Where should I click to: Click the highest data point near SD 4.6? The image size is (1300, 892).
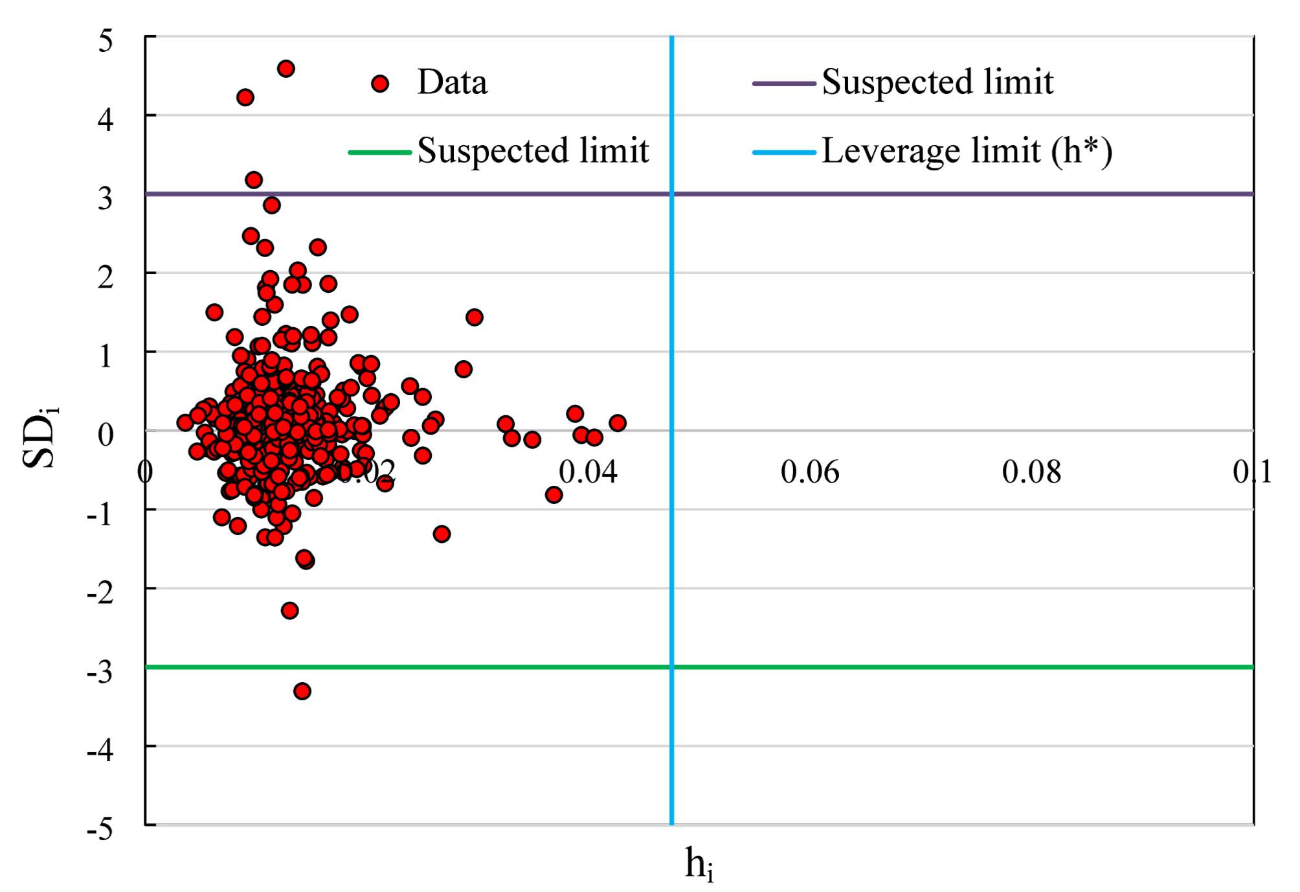286,69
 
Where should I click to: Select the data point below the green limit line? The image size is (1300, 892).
302,691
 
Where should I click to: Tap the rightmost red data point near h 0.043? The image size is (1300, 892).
617,423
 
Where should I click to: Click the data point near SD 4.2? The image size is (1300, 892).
245,98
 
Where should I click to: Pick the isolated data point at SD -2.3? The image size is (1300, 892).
289,610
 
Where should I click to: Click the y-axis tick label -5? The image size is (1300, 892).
100,829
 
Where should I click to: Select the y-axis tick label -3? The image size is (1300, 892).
100,672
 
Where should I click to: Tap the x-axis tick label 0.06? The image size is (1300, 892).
809,472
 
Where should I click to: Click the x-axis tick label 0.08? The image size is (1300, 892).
1031,472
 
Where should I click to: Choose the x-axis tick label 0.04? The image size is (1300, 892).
588,472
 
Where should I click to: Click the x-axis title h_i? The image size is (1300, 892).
699,864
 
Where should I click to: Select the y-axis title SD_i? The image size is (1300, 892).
40,438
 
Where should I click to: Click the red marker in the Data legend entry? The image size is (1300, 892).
380,83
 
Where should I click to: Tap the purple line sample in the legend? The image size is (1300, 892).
783,84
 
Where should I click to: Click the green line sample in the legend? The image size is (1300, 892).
380,153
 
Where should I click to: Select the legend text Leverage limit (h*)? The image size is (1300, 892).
967,152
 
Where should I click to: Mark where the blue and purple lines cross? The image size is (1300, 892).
671,194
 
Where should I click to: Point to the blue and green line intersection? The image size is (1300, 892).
671,667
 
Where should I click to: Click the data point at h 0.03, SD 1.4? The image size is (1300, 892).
474,317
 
